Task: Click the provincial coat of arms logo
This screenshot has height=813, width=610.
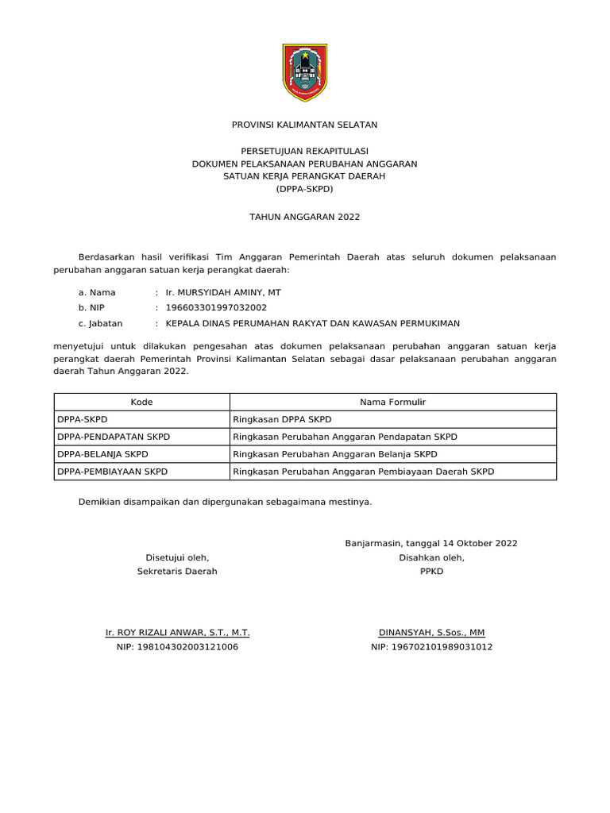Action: click(305, 72)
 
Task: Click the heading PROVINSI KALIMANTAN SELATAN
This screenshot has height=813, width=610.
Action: click(305, 125)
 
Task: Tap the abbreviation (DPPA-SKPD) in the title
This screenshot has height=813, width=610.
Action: click(305, 190)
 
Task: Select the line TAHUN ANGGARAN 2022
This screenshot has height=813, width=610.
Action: click(305, 216)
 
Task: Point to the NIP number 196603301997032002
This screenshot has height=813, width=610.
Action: click(215, 307)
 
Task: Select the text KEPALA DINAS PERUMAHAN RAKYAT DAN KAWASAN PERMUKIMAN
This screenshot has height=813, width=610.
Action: click(312, 323)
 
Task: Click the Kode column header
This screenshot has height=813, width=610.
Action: click(141, 403)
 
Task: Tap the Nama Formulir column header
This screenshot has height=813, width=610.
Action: click(392, 403)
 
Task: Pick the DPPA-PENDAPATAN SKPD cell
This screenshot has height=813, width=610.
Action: click(114, 437)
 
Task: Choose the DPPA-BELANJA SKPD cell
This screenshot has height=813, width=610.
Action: click(102, 454)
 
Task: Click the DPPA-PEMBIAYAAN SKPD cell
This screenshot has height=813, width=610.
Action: click(112, 472)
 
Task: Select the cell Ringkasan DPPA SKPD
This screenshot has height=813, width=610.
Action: click(282, 419)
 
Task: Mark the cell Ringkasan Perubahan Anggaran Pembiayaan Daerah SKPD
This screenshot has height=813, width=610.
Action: click(363, 472)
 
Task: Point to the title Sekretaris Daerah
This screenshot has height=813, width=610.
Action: click(177, 572)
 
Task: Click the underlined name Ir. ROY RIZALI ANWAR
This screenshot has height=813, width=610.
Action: click(177, 633)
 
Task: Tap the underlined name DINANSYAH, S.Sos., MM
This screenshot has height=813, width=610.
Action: click(431, 633)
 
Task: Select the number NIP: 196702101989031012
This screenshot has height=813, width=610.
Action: click(431, 647)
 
